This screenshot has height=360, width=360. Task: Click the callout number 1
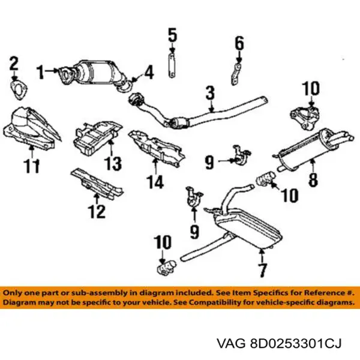coord(41,72)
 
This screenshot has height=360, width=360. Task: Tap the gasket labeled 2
coord(19,90)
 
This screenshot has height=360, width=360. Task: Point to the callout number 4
coord(149,72)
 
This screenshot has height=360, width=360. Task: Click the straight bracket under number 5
coord(172,65)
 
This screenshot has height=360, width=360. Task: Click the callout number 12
coord(97,211)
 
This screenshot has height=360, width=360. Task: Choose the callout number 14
coord(155,182)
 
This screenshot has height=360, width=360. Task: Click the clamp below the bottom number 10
coord(166,267)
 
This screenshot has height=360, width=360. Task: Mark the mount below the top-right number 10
coord(305,117)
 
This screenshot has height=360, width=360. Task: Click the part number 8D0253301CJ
coord(295,344)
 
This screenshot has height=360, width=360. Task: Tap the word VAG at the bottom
coord(231,344)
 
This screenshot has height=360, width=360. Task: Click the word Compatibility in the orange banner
coord(212,302)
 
